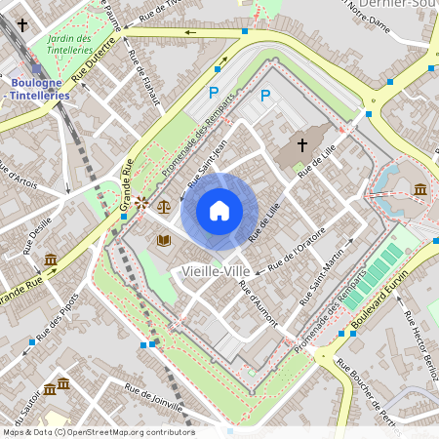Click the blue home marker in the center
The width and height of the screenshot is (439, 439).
click(x=219, y=210)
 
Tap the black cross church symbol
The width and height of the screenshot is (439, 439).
click(x=302, y=146)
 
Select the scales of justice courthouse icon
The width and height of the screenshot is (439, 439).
click(x=164, y=207)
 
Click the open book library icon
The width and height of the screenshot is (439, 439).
click(x=164, y=239)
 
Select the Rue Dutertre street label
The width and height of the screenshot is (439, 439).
click(x=96, y=59)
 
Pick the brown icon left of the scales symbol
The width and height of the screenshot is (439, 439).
click(x=142, y=203)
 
